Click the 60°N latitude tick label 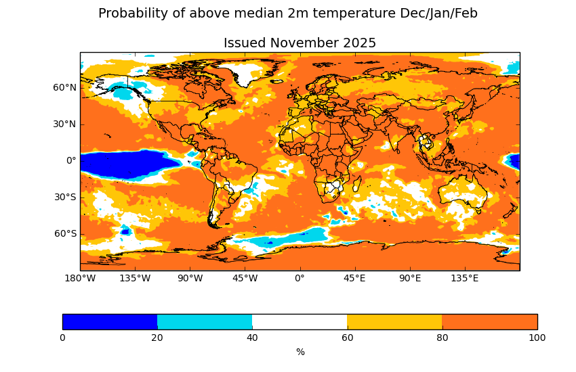click(65, 87)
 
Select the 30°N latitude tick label click(65, 124)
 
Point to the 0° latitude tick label click(71, 160)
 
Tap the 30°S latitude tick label click(65, 197)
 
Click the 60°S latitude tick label click(65, 233)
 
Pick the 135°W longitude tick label click(135, 278)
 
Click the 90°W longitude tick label click(190, 278)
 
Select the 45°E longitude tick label click(354, 278)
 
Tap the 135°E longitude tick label click(465, 278)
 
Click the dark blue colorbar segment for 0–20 click(110, 322)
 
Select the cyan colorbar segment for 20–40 click(205, 322)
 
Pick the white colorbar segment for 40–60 click(300, 322)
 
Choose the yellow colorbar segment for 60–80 click(394, 322)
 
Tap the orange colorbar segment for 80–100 click(489, 322)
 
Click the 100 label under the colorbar click(537, 338)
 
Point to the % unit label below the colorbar click(300, 352)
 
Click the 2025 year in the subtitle click(359, 43)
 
